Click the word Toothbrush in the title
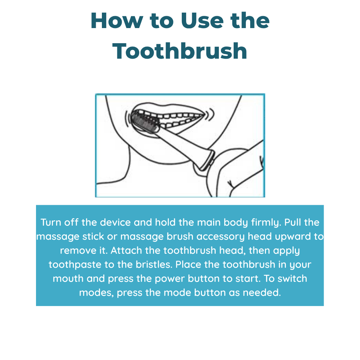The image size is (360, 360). (x=180, y=51)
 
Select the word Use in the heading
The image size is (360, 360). (x=202, y=21)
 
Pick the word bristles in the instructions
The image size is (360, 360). (x=154, y=265)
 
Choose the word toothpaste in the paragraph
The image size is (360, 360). (x=75, y=265)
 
